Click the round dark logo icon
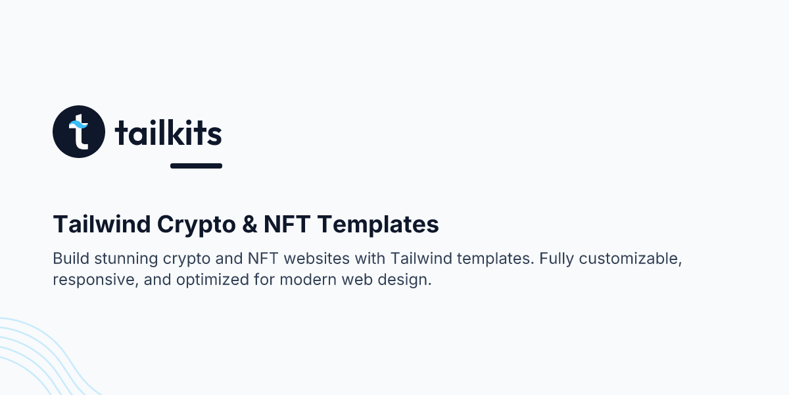click(x=79, y=132)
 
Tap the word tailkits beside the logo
click(x=168, y=133)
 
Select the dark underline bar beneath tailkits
click(x=196, y=166)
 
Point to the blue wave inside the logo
click(x=79, y=123)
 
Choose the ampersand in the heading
click(x=249, y=224)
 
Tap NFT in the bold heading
click(x=287, y=224)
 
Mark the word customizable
click(x=633, y=258)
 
